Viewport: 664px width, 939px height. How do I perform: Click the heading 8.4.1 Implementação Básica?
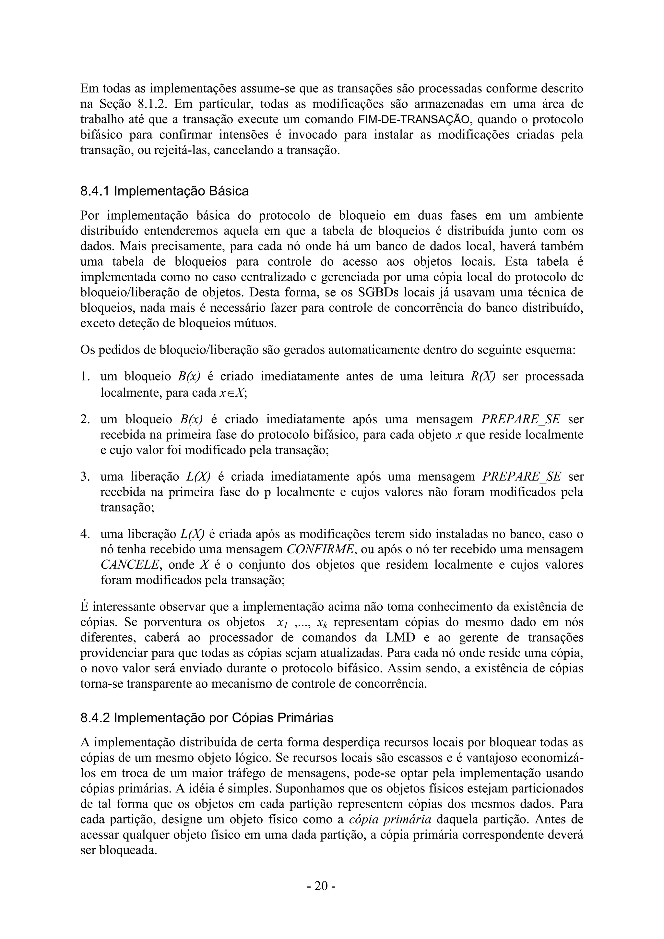click(164, 191)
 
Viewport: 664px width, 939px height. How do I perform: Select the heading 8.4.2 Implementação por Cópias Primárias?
click(207, 718)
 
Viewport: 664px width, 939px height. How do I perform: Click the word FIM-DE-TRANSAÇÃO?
click(414, 120)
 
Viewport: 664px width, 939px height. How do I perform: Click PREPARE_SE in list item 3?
click(522, 476)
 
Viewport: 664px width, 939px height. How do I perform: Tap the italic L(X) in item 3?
click(198, 476)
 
